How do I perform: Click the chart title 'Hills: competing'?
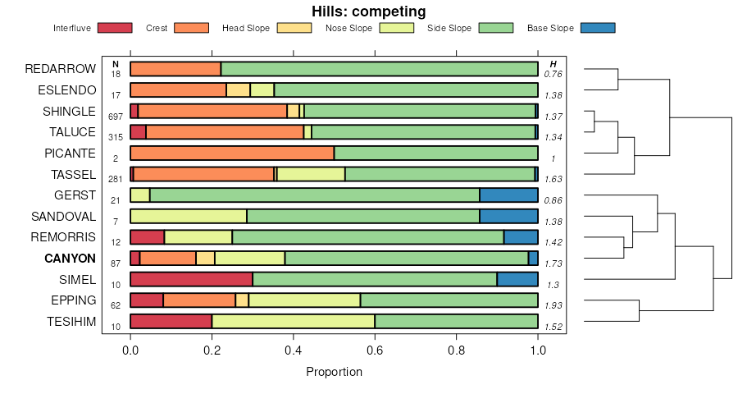point(368,11)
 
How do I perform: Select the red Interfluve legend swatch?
point(115,28)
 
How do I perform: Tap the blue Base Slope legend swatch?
point(597,28)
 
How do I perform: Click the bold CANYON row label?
point(71,259)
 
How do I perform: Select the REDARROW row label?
point(61,68)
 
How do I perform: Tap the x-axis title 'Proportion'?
point(334,372)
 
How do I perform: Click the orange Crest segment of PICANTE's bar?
point(232,153)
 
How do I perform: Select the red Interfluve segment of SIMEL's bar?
point(191,279)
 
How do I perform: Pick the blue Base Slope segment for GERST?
point(508,195)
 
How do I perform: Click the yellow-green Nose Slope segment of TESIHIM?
point(293,322)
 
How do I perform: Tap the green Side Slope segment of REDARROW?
point(379,69)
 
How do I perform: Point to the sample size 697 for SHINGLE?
point(116,117)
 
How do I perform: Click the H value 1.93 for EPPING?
point(553,305)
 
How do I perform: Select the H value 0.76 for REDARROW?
point(553,74)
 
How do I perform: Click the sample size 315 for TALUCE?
point(116,137)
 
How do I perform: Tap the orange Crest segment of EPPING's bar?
point(199,300)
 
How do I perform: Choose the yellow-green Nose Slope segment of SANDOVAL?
point(189,217)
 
